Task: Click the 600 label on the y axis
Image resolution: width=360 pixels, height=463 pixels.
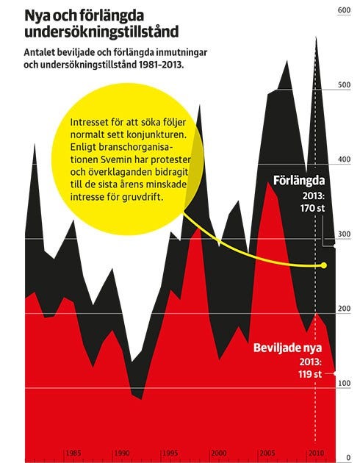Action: (x=344, y=10)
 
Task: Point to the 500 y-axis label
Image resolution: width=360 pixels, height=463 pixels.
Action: (x=344, y=85)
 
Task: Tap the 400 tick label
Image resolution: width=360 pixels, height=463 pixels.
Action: (x=344, y=159)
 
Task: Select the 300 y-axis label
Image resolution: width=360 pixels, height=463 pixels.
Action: (x=344, y=234)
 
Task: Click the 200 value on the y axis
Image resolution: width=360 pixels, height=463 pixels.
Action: (x=344, y=309)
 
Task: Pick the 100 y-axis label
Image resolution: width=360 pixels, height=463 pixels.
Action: (x=344, y=384)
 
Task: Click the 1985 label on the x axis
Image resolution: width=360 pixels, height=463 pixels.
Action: (x=73, y=453)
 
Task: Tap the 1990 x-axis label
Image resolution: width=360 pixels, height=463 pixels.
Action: (x=122, y=453)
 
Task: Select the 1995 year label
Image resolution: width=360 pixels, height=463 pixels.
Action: (x=170, y=453)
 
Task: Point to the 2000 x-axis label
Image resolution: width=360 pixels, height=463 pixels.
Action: (x=219, y=453)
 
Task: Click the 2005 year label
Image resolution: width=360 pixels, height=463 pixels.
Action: (x=267, y=453)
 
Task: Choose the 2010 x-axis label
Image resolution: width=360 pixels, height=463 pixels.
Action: (x=316, y=453)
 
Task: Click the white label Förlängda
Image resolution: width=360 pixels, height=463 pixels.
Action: (x=299, y=181)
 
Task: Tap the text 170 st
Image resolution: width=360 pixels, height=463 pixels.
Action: (x=313, y=209)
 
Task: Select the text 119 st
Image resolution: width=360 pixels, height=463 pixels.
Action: (x=310, y=374)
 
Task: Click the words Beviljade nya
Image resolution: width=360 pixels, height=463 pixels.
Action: (x=288, y=348)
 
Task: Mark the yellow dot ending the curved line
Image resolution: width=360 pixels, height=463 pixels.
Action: (x=324, y=265)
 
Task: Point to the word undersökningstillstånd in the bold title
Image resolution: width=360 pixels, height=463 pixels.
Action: (x=101, y=32)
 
